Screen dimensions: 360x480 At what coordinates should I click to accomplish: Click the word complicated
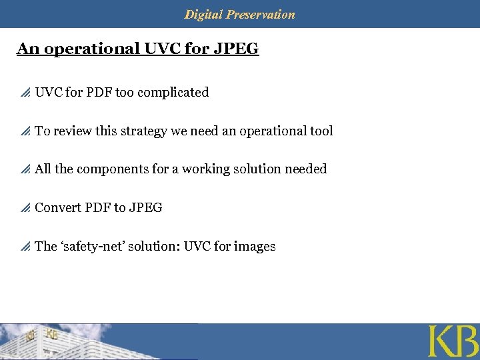pos(172,92)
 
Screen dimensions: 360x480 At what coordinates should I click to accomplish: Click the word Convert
pos(58,207)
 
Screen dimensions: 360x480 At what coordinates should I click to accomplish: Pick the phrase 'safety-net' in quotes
pos(95,246)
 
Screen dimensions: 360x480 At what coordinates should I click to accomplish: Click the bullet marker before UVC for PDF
pos(25,93)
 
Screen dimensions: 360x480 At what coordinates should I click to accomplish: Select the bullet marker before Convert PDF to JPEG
pos(25,209)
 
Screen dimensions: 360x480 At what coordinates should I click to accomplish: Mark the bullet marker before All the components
pos(25,170)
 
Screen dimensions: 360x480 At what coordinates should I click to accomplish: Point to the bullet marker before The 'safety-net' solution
pos(25,247)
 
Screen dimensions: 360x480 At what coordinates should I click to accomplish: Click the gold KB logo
pos(453,341)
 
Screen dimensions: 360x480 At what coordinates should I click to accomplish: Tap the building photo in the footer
pos(100,341)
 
